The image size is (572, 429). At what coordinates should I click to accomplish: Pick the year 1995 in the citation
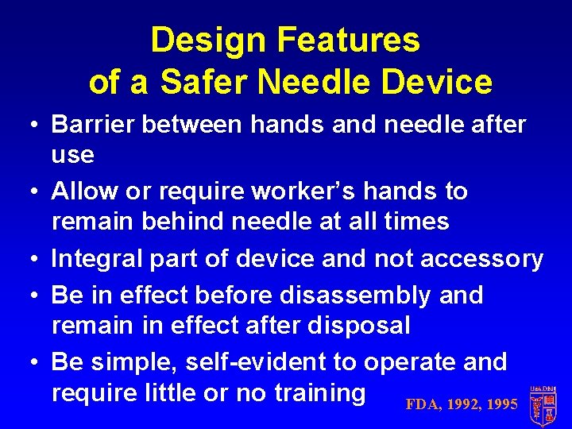pyautogui.click(x=501, y=404)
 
